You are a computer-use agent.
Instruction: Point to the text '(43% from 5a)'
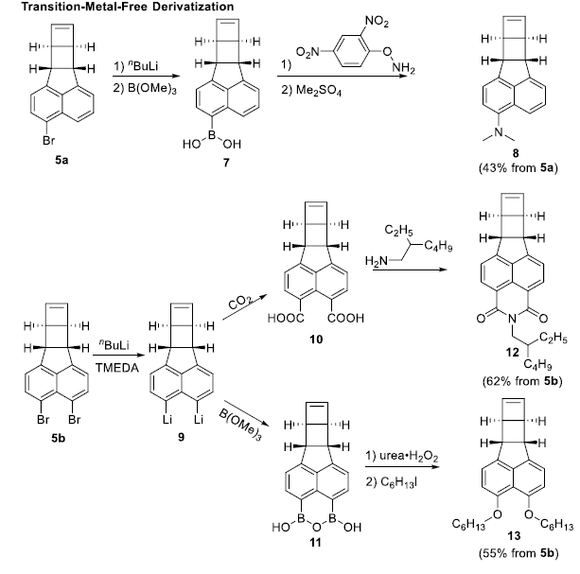(x=517, y=170)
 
